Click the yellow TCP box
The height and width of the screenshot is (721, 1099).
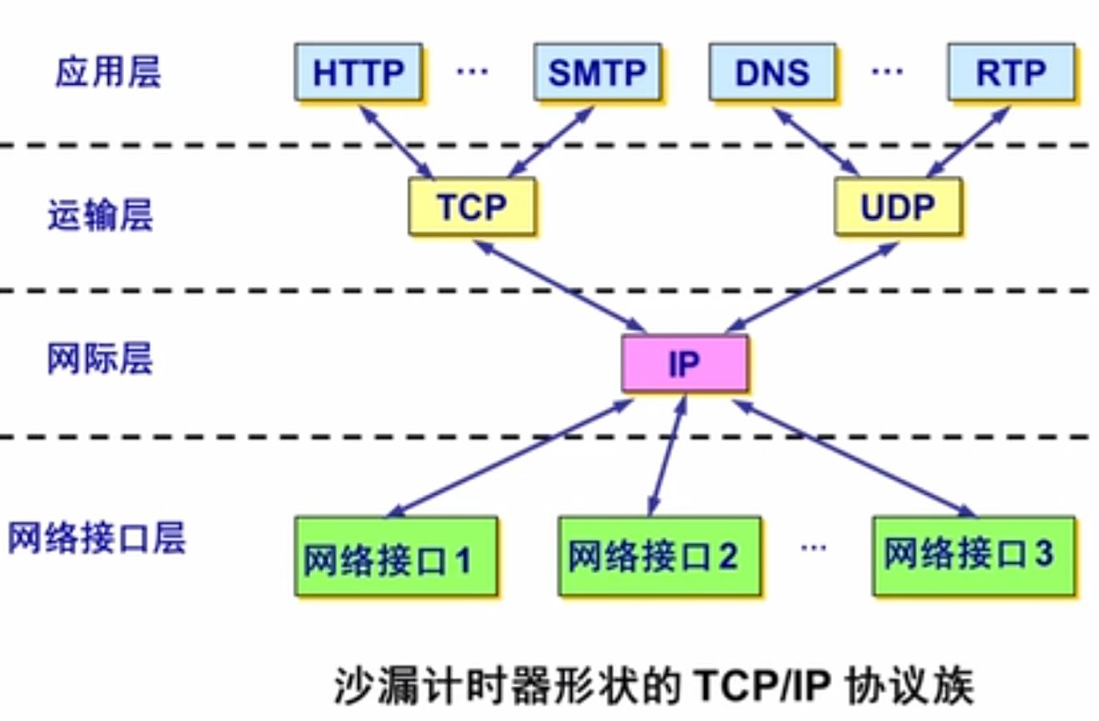pos(471,206)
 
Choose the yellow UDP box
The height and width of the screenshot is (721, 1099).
pos(898,206)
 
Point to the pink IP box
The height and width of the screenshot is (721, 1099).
pos(684,363)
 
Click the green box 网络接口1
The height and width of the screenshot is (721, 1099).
pos(397,556)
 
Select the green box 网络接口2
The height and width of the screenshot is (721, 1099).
pos(659,556)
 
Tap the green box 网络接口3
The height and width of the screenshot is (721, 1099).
pos(973,555)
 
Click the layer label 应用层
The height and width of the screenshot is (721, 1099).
pos(107,73)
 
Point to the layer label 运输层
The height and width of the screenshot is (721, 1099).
pos(100,216)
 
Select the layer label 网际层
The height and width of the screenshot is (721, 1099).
pos(100,360)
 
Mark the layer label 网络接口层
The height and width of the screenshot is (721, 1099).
pos(96,539)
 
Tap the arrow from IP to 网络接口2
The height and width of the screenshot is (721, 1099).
pos(668,453)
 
